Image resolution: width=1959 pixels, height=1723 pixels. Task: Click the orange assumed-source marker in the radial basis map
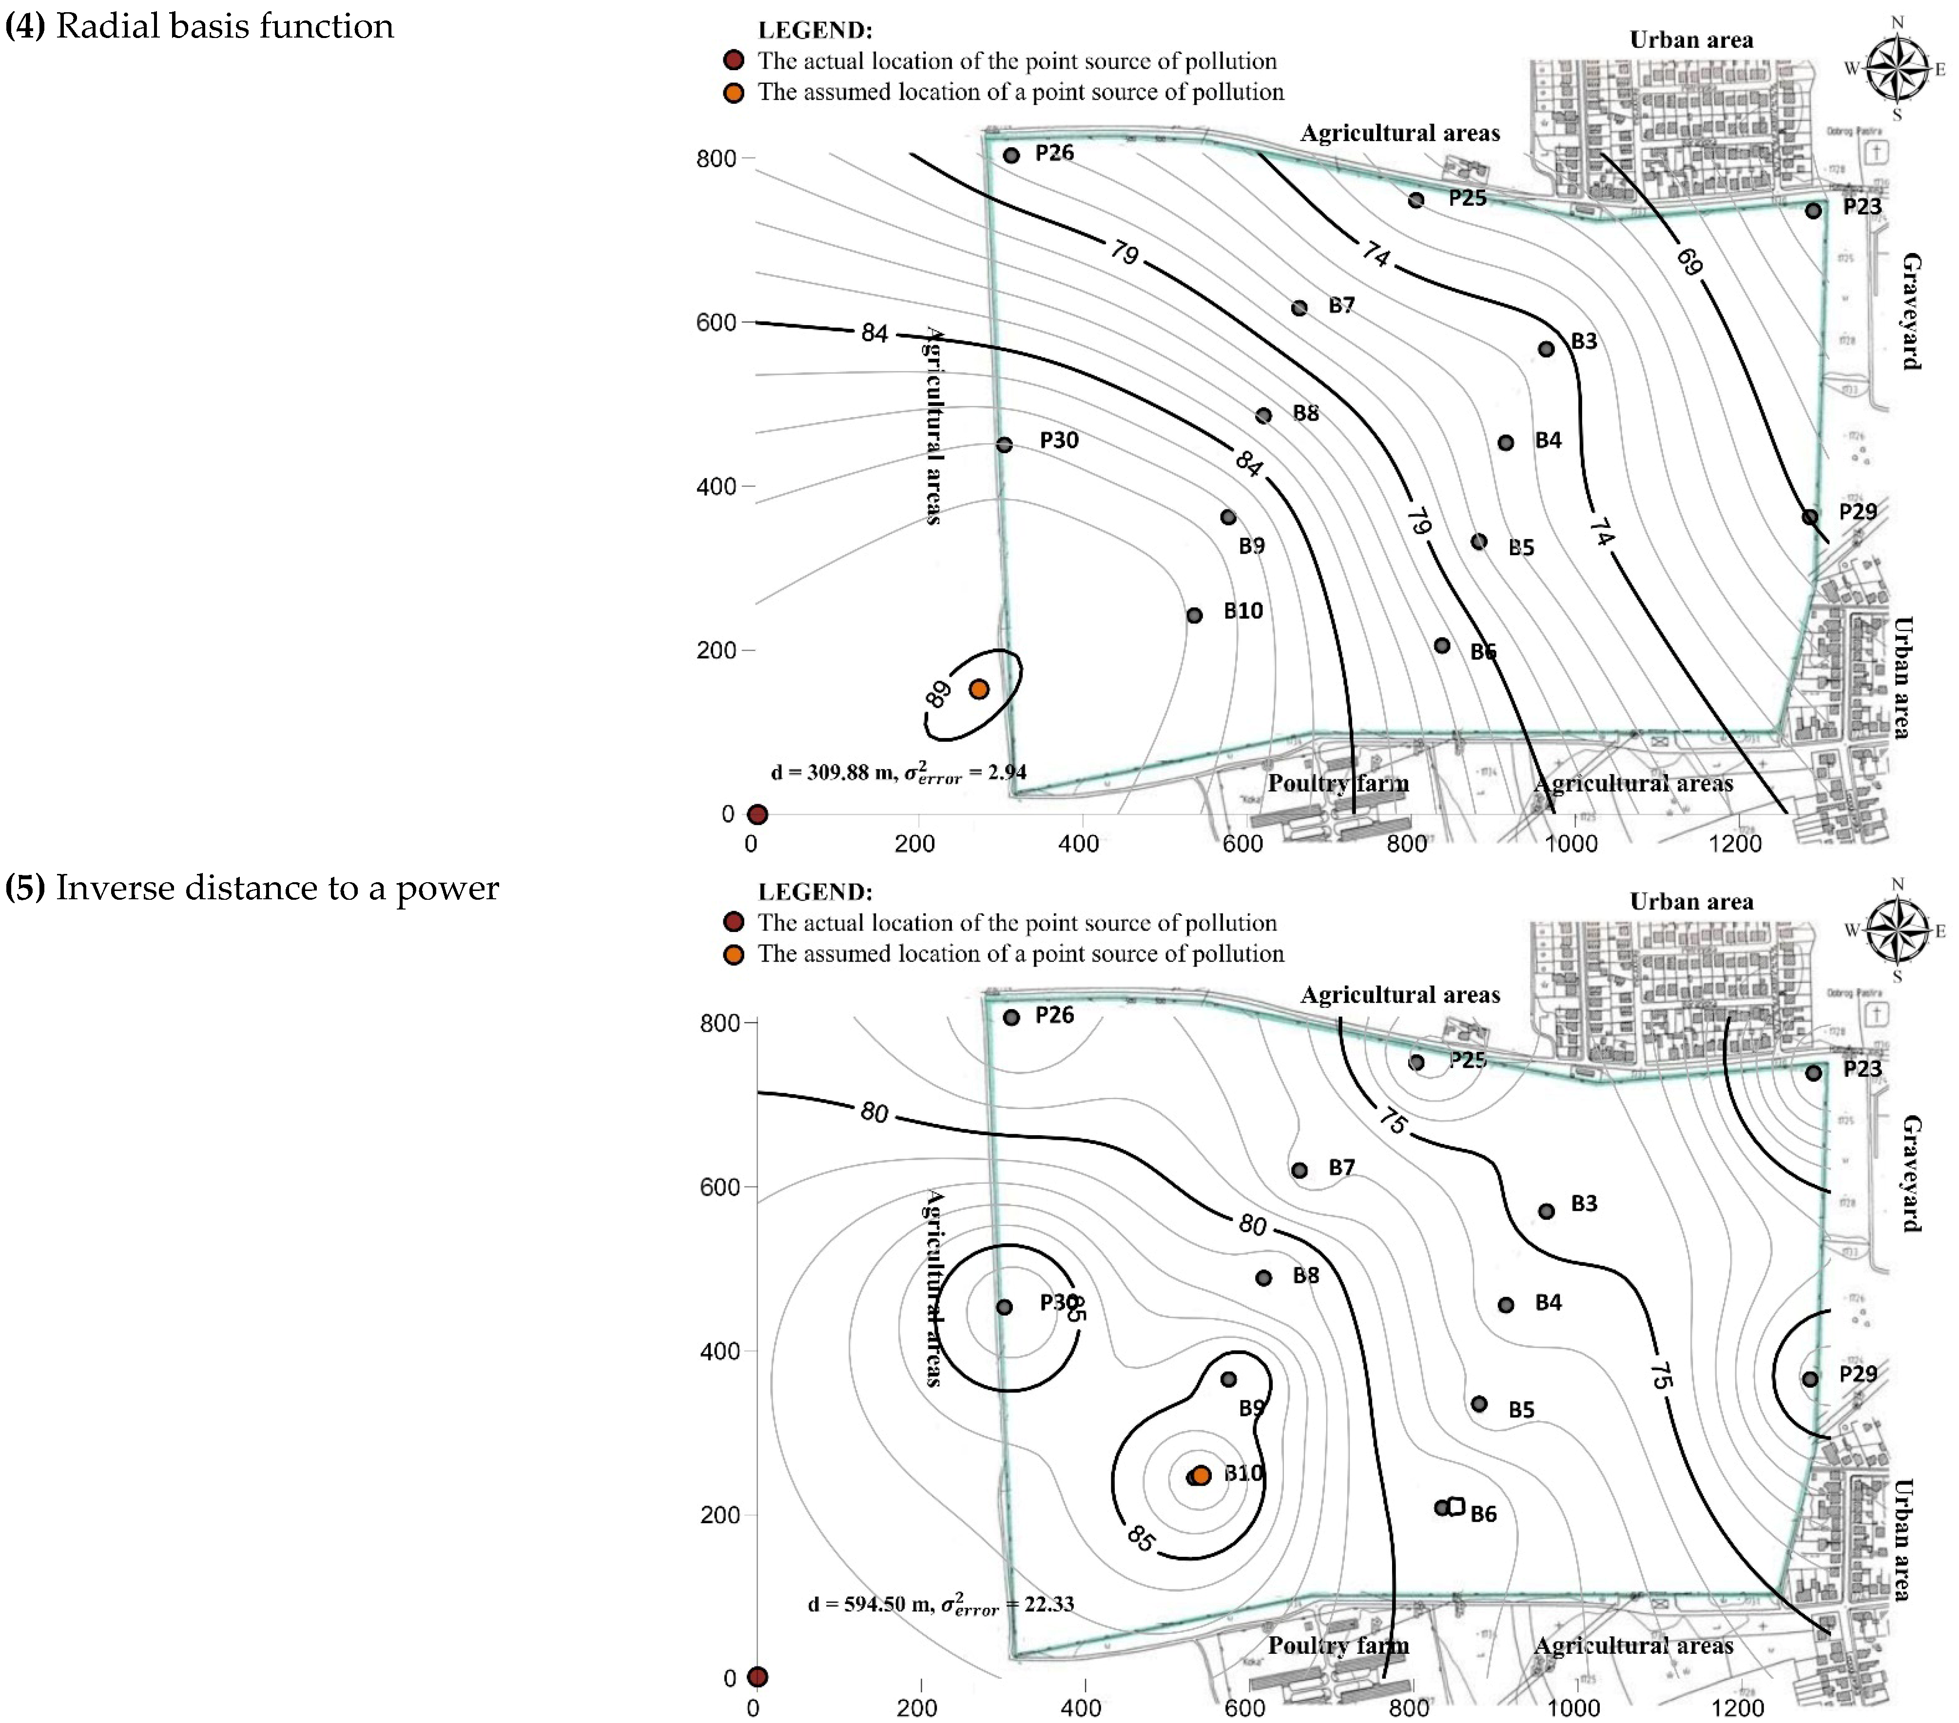tap(979, 689)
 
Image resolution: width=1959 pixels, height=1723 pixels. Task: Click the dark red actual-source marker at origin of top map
tap(757, 814)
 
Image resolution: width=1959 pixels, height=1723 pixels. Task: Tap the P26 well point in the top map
tap(1011, 155)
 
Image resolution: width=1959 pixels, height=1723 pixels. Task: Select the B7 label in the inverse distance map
tap(1341, 1167)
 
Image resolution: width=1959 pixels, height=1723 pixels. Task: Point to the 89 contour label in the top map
tap(938, 694)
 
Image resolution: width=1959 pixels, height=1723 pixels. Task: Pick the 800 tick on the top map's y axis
tap(716, 158)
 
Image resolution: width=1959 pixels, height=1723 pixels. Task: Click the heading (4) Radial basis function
tap(199, 26)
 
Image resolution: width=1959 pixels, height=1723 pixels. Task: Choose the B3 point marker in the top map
tap(1546, 349)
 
